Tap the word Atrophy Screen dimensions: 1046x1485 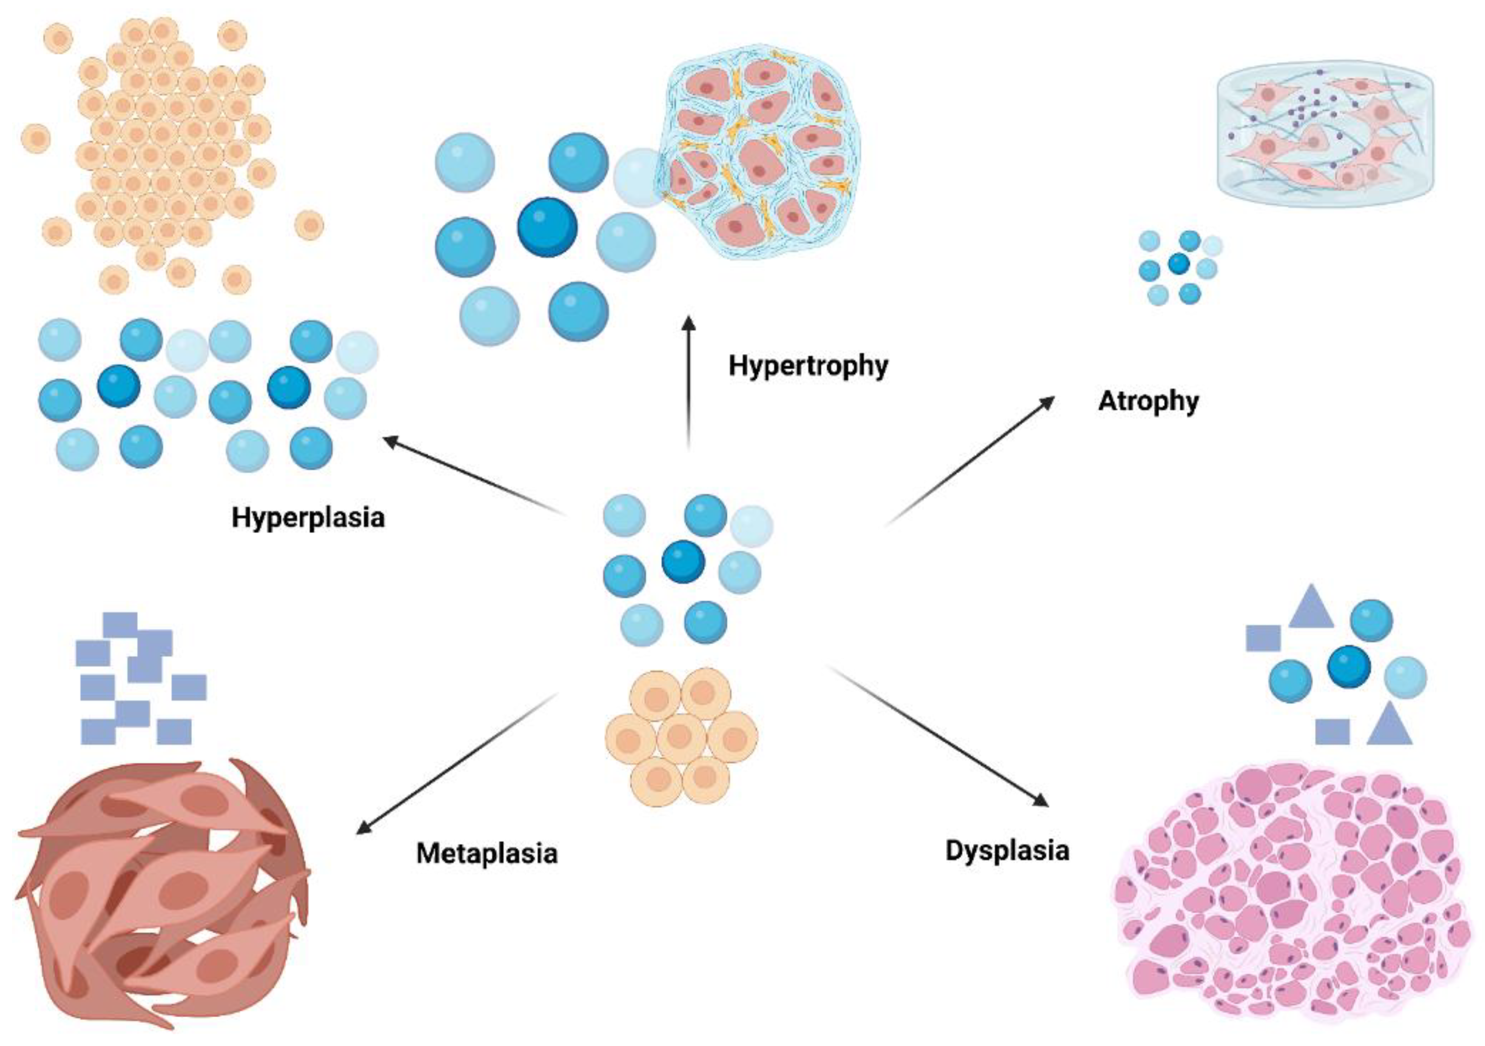click(1148, 401)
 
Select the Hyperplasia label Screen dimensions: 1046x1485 click(308, 517)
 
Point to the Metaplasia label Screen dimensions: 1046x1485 click(486, 853)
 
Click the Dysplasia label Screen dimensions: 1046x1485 click(1007, 850)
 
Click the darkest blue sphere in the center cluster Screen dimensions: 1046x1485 click(683, 561)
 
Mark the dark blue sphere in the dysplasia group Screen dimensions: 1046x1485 click(1349, 667)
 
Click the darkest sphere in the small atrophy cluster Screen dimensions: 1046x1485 click(1179, 264)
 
